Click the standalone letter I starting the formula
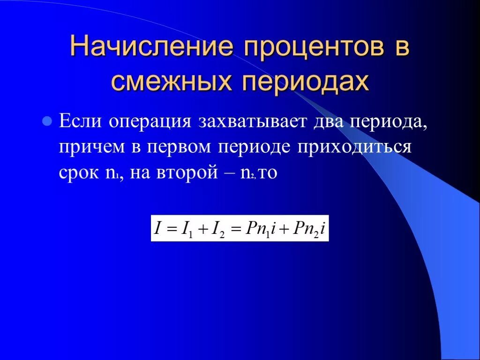(158, 228)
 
